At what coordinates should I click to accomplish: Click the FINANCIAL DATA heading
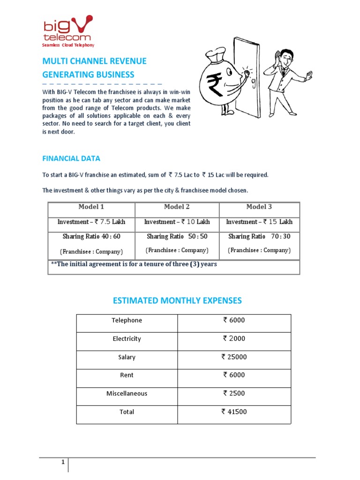(x=71, y=158)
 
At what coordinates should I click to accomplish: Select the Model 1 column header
(x=91, y=207)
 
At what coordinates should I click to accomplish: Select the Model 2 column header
(x=177, y=207)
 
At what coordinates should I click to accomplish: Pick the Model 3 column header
(x=259, y=207)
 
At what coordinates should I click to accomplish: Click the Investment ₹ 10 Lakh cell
(x=177, y=222)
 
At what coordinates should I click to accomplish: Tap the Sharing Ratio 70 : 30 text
(x=259, y=236)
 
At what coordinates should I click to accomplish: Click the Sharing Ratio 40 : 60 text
(x=91, y=236)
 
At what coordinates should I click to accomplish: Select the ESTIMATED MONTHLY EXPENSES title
(x=177, y=300)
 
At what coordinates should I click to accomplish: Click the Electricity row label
(x=127, y=339)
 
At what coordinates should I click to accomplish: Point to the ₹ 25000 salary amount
(x=234, y=357)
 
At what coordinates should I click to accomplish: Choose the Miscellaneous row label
(x=127, y=394)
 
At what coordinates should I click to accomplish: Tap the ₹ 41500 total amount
(x=234, y=412)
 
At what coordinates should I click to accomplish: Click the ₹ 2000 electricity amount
(x=234, y=339)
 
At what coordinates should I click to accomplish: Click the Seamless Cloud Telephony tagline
(x=68, y=45)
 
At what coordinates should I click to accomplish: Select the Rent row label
(x=127, y=375)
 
